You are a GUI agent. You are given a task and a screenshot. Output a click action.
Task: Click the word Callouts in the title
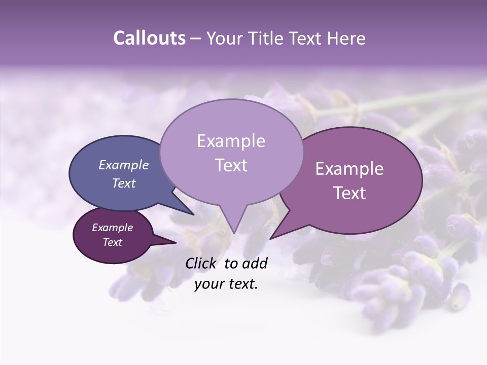149,38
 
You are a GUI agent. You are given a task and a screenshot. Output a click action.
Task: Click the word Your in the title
222,38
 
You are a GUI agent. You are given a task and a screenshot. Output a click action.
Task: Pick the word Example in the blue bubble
123,165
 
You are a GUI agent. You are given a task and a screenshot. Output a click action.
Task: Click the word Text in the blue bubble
123,183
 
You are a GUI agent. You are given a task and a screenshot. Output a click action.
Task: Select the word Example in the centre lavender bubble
231,141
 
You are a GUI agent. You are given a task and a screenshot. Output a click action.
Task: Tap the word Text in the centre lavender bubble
231,165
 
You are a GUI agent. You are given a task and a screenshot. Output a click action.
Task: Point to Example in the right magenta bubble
350,169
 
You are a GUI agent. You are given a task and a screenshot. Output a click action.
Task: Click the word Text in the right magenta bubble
350,193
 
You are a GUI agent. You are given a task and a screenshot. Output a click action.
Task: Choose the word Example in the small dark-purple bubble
112,228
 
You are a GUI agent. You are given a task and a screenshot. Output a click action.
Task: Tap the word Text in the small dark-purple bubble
112,242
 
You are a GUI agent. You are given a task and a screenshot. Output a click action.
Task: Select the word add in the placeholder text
254,263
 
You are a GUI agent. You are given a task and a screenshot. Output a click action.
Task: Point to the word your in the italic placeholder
208,284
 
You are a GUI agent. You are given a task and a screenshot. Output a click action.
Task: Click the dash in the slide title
196,38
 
